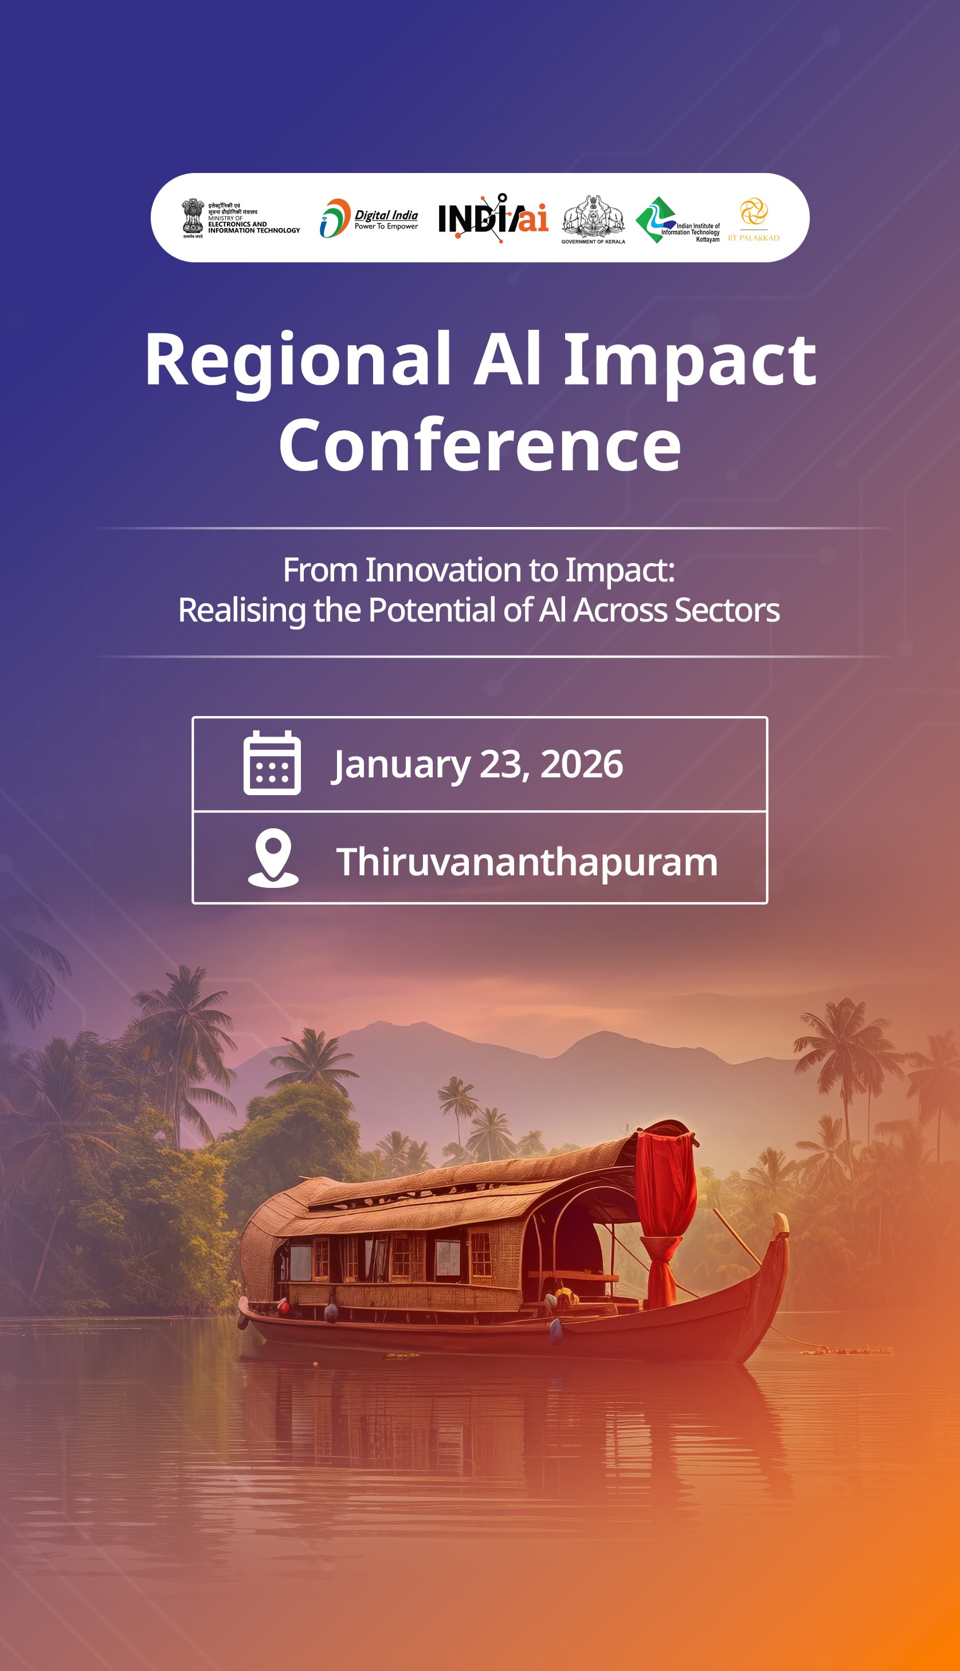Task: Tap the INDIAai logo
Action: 493,218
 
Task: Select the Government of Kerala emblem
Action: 593,218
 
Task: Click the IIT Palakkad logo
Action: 754,218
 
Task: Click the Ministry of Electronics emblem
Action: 193,218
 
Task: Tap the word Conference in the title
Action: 480,446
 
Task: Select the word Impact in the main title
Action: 689,360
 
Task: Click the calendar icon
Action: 272,763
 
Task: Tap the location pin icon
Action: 273,858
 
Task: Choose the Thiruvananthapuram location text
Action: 526,862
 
